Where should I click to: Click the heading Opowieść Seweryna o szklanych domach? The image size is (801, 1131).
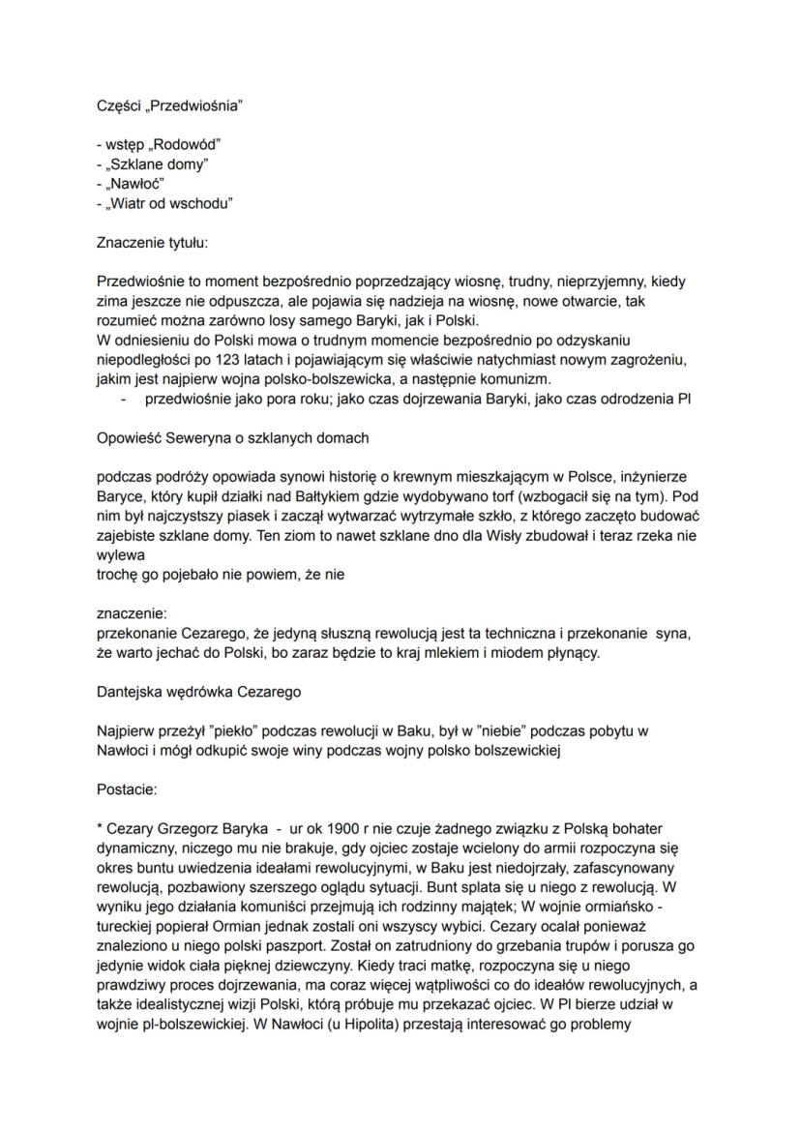click(233, 438)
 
